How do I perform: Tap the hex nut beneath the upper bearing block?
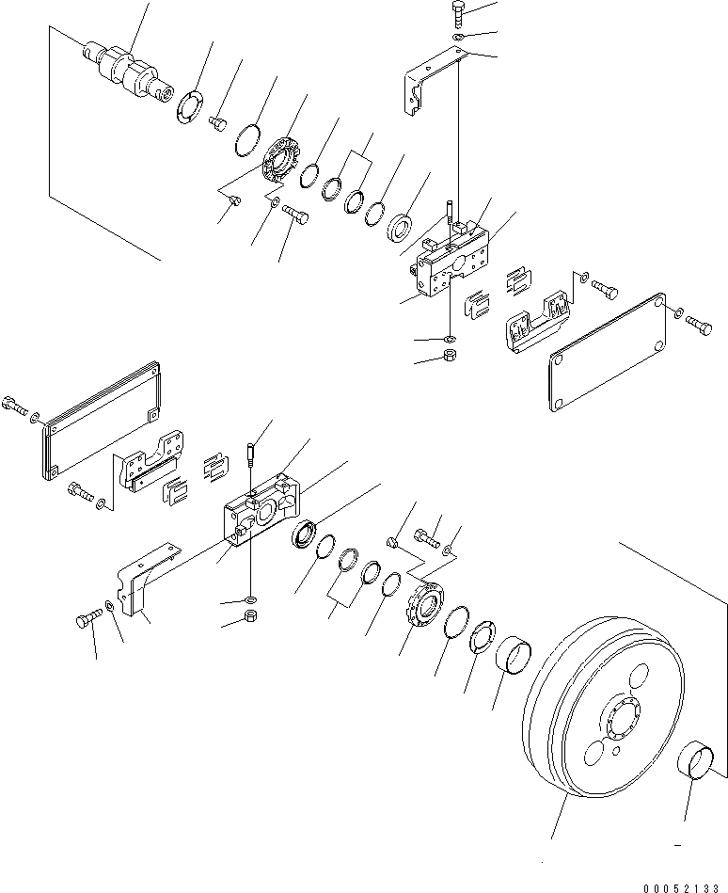point(450,358)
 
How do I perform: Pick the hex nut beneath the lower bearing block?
point(252,617)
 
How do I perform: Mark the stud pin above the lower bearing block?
point(252,454)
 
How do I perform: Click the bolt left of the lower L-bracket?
point(86,621)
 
